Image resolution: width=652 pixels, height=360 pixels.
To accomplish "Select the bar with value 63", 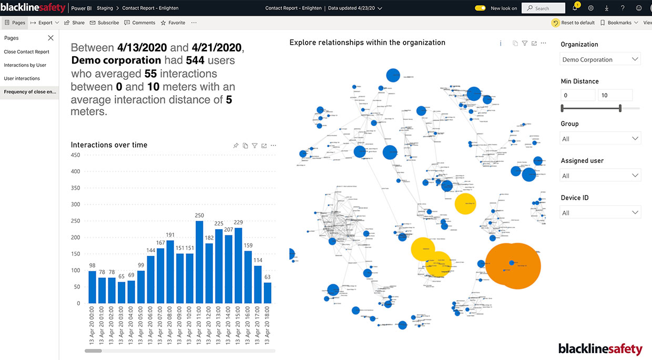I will [x=267, y=293].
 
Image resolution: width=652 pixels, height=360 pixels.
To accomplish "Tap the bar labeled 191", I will [x=170, y=272].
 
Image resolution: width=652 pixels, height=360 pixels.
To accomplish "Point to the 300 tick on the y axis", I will [x=75, y=204].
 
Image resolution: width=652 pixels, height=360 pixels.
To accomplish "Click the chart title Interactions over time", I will [x=109, y=145].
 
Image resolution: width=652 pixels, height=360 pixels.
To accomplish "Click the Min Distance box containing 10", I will [x=615, y=96].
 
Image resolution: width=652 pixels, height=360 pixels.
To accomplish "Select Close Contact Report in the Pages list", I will [x=26, y=52].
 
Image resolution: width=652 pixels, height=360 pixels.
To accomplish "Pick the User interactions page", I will [x=22, y=78].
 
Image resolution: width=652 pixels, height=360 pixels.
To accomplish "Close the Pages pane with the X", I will [x=50, y=38].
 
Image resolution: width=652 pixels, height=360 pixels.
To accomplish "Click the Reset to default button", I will [x=573, y=23].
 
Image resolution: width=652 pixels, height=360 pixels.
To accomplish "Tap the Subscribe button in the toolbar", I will [x=105, y=23].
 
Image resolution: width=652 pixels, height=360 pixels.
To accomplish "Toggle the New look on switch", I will [x=480, y=8].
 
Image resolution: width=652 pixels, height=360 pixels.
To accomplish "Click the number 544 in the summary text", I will [x=195, y=61].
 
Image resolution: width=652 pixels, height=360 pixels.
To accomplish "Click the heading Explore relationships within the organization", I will [x=367, y=43].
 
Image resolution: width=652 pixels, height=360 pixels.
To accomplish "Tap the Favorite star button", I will [x=173, y=23].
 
